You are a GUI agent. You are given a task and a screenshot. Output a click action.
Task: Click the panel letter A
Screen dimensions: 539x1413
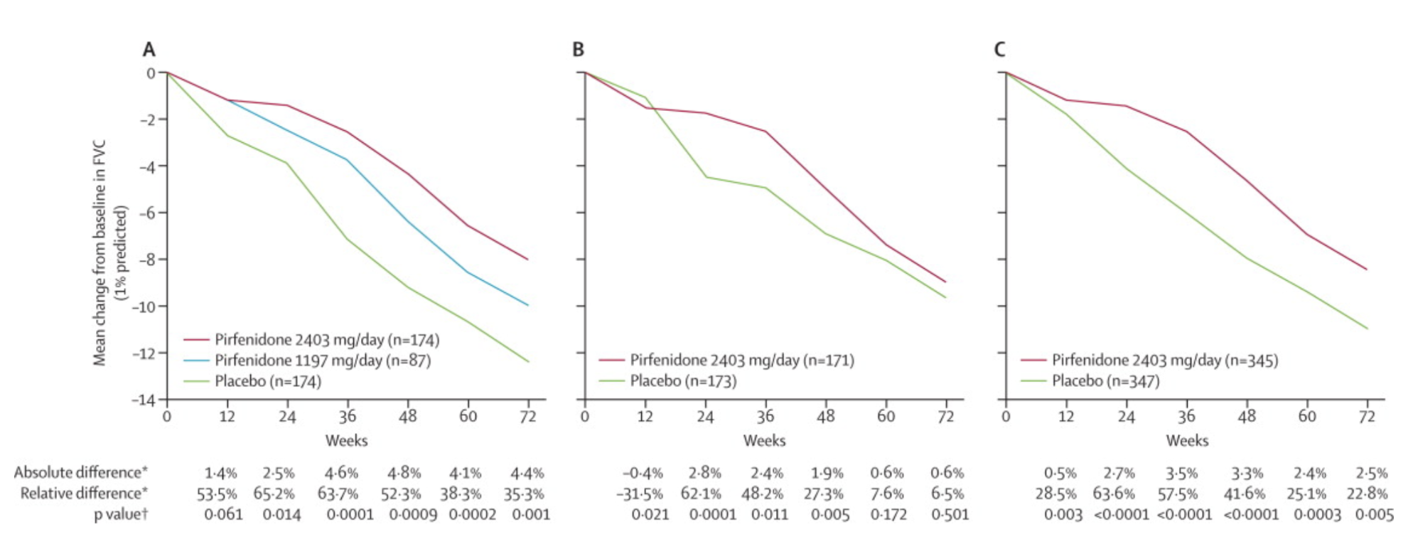click(x=149, y=49)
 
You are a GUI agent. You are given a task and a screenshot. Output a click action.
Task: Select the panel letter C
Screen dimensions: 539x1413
click(x=999, y=49)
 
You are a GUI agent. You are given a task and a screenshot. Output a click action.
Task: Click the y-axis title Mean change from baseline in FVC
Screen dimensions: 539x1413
click(x=100, y=252)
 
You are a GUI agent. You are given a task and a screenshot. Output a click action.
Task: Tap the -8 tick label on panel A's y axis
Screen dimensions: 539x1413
click(x=146, y=260)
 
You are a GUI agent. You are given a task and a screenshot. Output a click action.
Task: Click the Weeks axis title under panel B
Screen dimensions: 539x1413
click(x=764, y=441)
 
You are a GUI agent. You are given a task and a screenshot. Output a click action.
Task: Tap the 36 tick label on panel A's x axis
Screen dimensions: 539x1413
click(x=347, y=417)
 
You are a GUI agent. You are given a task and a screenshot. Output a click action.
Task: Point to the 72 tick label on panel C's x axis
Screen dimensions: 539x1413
click(x=1366, y=417)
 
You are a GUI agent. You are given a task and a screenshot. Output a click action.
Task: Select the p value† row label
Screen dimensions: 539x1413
click(x=121, y=514)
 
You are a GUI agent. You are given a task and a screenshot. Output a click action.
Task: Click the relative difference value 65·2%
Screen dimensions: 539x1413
click(x=274, y=493)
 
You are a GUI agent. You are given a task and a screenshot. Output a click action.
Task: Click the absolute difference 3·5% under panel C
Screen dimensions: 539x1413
click(x=1181, y=473)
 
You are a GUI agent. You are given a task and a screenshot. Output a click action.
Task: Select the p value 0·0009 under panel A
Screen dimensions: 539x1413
click(x=412, y=514)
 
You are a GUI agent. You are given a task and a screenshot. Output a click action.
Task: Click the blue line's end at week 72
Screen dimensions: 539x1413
click(x=528, y=305)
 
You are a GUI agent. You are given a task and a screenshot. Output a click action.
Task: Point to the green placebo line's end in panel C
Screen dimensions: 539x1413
click(x=1367, y=329)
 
